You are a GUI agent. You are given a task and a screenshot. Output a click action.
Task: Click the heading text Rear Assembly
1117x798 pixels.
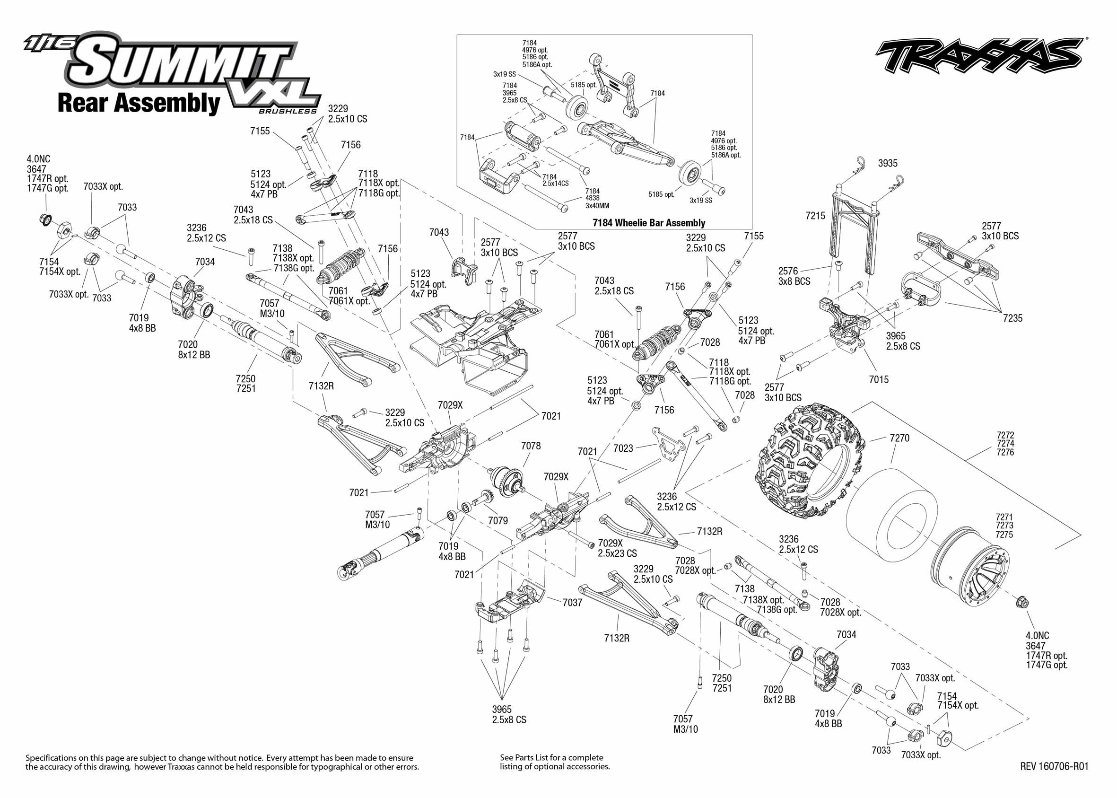pos(139,103)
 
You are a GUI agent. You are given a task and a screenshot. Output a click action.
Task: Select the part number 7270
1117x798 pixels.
pos(899,438)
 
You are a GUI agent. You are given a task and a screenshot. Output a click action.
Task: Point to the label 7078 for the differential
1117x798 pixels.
pos(531,446)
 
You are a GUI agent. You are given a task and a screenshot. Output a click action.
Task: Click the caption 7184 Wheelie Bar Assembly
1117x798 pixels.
pos(648,223)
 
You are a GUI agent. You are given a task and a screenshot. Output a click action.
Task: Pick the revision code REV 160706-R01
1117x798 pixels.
pos(1054,766)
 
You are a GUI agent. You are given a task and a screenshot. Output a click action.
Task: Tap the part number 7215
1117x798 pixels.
pos(815,216)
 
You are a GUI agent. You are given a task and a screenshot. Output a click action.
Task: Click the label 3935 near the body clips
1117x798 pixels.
pos(888,163)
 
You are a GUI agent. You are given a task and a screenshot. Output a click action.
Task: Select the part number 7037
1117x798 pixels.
pos(572,603)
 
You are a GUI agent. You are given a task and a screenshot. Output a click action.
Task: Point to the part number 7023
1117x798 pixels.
pos(623,448)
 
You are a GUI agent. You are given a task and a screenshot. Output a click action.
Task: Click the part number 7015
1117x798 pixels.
pos(878,379)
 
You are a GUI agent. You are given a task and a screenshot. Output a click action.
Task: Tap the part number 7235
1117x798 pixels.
pos(1012,318)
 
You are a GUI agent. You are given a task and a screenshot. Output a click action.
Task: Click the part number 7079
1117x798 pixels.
pos(497,520)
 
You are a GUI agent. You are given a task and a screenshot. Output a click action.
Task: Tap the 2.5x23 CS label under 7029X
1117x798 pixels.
pos(617,553)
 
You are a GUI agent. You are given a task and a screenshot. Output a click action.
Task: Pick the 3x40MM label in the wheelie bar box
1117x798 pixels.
pos(597,206)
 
